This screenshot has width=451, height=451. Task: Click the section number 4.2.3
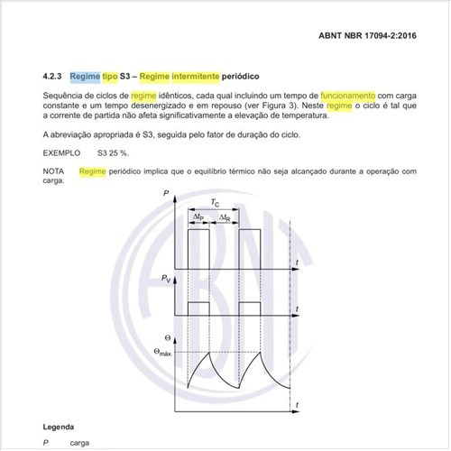click(54, 78)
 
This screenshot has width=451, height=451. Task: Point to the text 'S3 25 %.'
click(115, 153)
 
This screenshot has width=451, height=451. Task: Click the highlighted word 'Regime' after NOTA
click(93, 170)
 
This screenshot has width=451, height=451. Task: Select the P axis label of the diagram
click(166, 194)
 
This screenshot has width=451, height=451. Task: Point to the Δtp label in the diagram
click(198, 218)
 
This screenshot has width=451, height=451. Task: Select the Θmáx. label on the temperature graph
click(164, 353)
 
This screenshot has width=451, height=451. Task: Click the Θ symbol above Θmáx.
click(161, 341)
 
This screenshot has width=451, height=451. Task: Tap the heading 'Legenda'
click(59, 426)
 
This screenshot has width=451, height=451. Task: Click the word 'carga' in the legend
click(79, 443)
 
